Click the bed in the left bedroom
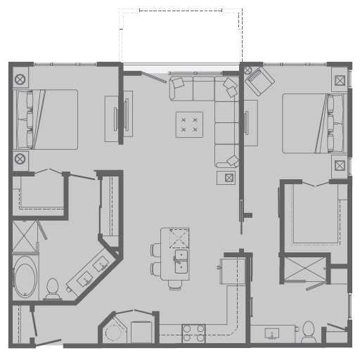(x=46, y=119)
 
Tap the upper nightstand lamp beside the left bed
(x=20, y=79)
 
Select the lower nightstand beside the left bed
(x=20, y=159)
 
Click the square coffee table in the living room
(x=189, y=124)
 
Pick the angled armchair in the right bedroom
(x=259, y=83)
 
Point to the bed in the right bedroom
(x=314, y=123)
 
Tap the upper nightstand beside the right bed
(x=340, y=80)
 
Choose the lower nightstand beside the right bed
(x=340, y=166)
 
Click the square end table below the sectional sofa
(x=227, y=177)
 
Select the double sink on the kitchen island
(x=181, y=259)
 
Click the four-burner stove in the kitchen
(x=193, y=332)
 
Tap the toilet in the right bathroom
(x=309, y=331)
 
